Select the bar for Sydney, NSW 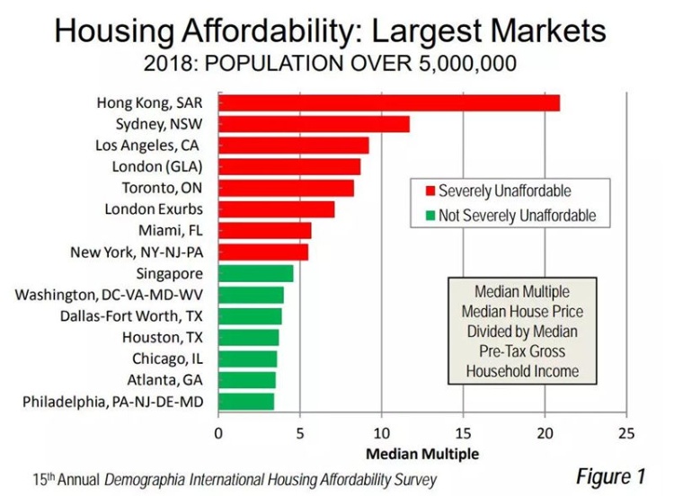tap(314, 124)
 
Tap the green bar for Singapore tap(255, 273)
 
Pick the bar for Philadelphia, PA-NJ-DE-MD tap(245, 402)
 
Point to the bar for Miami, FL tap(264, 231)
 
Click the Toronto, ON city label tap(162, 188)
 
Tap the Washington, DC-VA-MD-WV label tap(124, 295)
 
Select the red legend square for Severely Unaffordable tap(430, 191)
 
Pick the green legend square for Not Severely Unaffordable tap(430, 217)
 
